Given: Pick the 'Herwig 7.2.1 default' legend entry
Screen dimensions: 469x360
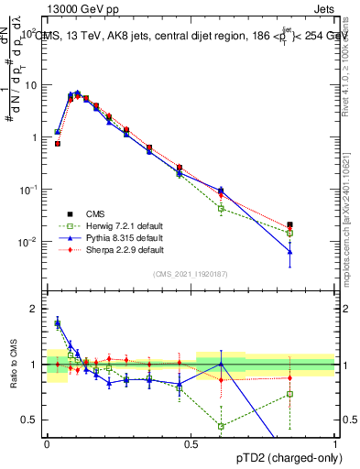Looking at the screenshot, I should coord(115,226).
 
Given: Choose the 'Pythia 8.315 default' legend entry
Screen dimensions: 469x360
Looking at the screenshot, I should coord(115,238).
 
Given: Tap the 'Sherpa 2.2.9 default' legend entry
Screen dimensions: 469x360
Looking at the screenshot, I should coord(115,250).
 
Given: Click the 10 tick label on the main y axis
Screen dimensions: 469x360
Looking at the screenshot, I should coord(31,84).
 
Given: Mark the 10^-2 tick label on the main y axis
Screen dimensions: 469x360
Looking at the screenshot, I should coord(28,242).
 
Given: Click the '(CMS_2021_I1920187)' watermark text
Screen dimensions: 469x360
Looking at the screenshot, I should coord(191,273).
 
